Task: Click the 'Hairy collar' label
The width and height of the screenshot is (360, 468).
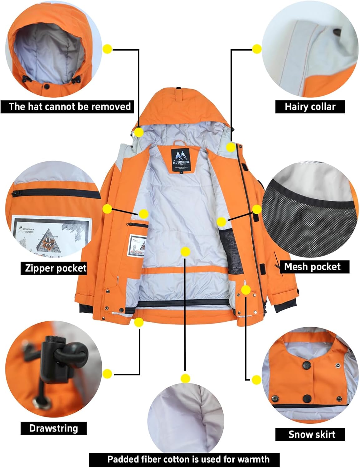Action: coord(310,107)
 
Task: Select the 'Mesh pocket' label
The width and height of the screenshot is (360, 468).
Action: coord(312,267)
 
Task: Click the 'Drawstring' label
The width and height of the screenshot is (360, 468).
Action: coord(53,428)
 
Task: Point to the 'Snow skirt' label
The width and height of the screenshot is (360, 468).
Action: coord(311,434)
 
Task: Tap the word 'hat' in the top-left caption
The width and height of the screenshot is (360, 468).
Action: coord(35,106)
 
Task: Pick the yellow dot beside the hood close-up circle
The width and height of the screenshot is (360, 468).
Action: coord(107,49)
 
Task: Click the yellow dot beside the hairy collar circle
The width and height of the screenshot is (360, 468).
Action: coord(257,49)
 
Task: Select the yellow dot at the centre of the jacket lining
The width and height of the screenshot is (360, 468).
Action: coord(185,251)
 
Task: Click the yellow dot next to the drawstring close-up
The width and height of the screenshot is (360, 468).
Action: coord(107,373)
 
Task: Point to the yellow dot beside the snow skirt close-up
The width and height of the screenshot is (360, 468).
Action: coord(256,380)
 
